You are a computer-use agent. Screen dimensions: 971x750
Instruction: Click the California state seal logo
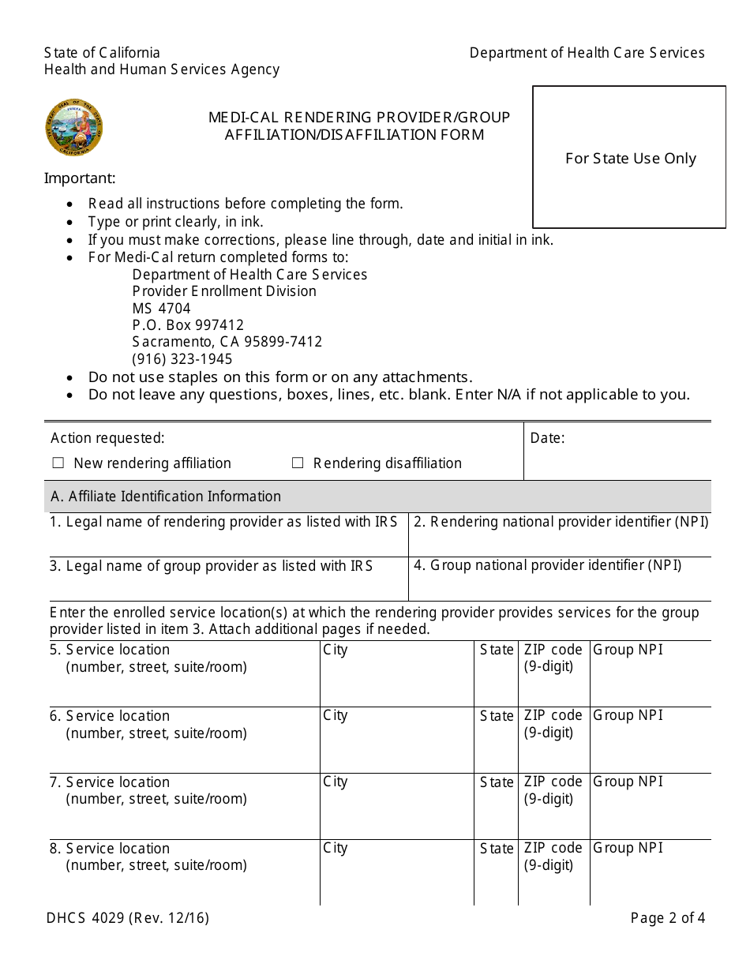tap(73, 128)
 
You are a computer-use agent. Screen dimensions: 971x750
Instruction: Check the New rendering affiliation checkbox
tap(58, 463)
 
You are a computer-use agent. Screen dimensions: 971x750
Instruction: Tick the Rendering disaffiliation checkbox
tap(298, 463)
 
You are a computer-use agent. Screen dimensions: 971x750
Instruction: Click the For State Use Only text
tap(630, 159)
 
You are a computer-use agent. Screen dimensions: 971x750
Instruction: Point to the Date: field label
tap(547, 438)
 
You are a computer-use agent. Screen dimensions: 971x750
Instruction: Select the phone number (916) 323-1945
tap(182, 359)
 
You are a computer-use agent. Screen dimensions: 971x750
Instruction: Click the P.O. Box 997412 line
tap(188, 325)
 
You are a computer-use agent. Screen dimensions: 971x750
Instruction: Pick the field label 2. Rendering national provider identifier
tap(561, 522)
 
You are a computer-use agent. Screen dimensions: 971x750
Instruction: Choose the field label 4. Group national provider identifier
tap(547, 565)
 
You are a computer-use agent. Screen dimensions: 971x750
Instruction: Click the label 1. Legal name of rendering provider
tap(223, 522)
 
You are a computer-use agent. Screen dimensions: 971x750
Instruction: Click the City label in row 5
tap(335, 650)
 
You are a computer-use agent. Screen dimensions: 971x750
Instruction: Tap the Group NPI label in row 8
tap(628, 848)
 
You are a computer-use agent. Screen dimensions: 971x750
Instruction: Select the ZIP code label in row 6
tap(553, 715)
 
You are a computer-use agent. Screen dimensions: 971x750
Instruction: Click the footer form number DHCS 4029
tap(126, 918)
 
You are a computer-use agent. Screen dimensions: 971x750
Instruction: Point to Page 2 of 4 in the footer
tap(667, 918)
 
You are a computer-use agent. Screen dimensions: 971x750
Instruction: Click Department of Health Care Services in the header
tap(587, 53)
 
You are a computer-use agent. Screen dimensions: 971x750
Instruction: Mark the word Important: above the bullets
tap(80, 178)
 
